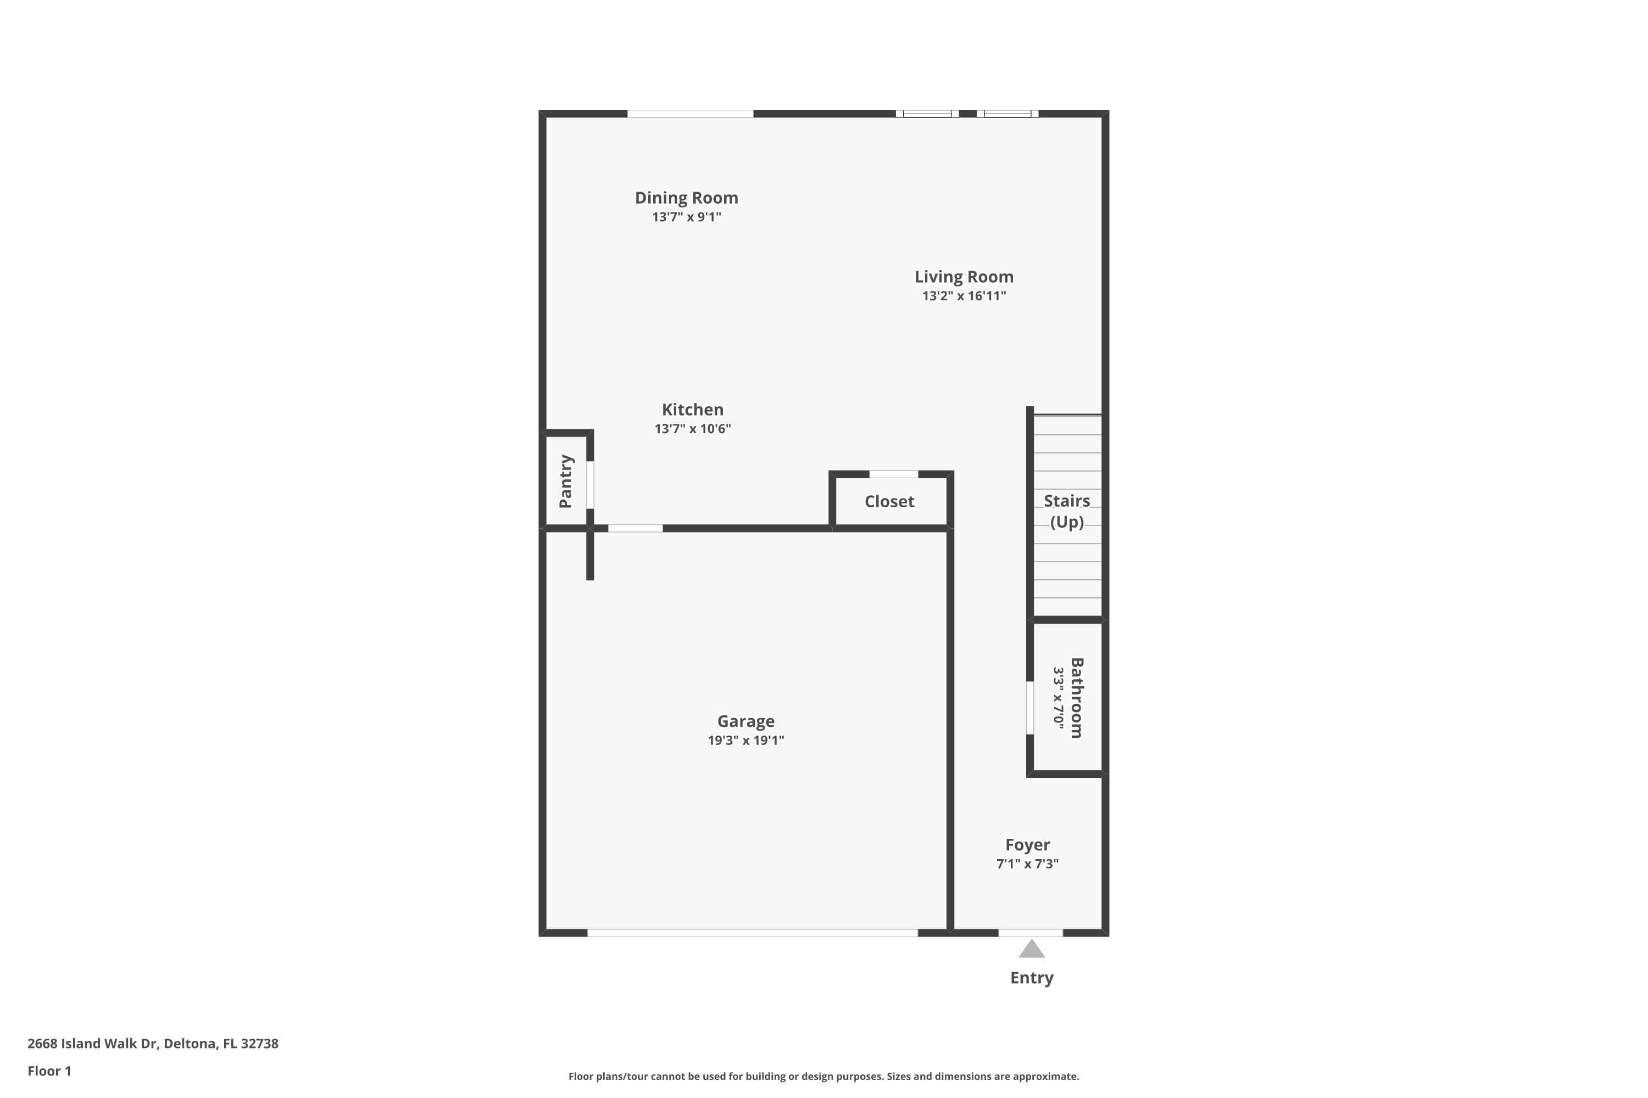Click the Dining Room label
pyautogui.click(x=686, y=198)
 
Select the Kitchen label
pyautogui.click(x=692, y=410)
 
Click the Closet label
pyautogui.click(x=889, y=501)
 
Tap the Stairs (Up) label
pyautogui.click(x=1066, y=511)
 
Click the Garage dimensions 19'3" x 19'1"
pyautogui.click(x=745, y=740)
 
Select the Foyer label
pyautogui.click(x=1027, y=845)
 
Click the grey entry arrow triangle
pyautogui.click(x=1032, y=950)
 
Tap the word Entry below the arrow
pyautogui.click(x=1032, y=978)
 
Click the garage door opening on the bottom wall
pyautogui.click(x=753, y=933)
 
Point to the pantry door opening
pyautogui.click(x=590, y=485)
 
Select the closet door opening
pyautogui.click(x=893, y=474)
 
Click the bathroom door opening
pyautogui.click(x=1030, y=708)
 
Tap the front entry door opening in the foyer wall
pyautogui.click(x=1031, y=933)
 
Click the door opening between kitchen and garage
pyautogui.click(x=636, y=528)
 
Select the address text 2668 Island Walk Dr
pyautogui.click(x=91, y=1044)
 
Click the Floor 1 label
pyautogui.click(x=49, y=1071)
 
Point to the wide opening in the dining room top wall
pyautogui.click(x=690, y=114)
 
